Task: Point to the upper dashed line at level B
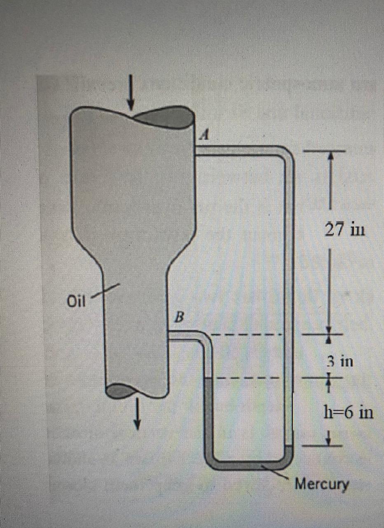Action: pos(247,335)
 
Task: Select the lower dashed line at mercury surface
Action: pos(247,377)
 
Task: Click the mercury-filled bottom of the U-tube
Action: pos(247,465)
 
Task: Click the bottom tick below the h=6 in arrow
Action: pos(329,445)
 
